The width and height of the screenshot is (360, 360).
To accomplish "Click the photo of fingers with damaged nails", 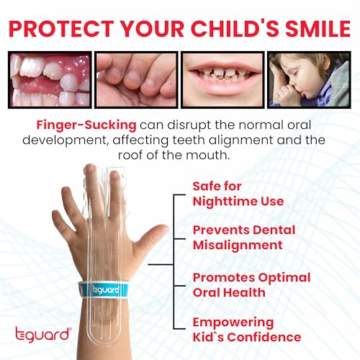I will pos(135,79).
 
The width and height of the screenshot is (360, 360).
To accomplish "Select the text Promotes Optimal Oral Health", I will pos(251,284).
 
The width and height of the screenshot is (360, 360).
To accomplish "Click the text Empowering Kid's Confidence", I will pos(246,329).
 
